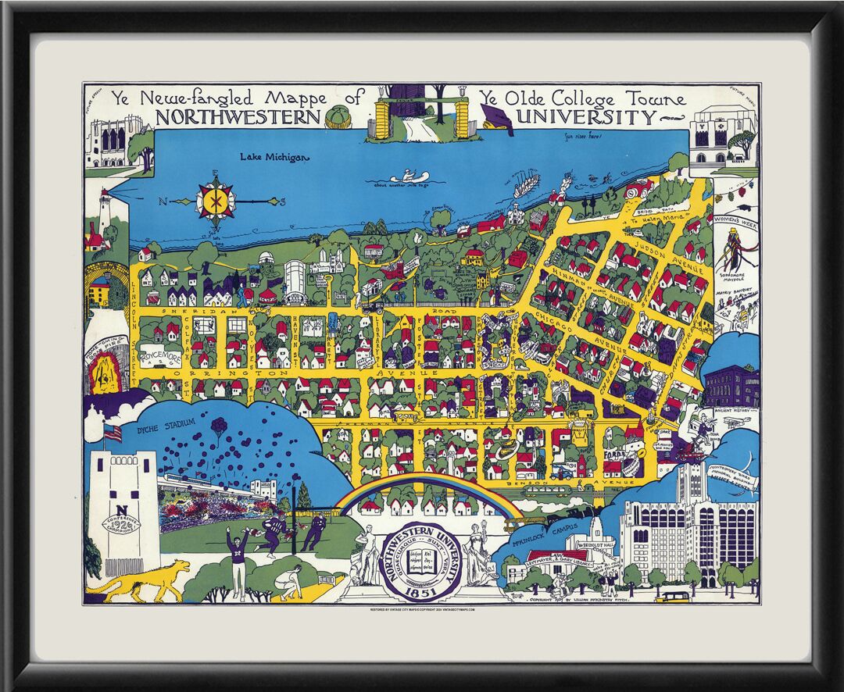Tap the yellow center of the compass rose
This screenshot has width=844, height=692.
[x=216, y=201]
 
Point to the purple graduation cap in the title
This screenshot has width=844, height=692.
[x=495, y=118]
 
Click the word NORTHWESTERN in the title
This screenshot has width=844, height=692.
[x=238, y=118]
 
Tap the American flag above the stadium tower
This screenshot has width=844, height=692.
[x=113, y=433]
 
